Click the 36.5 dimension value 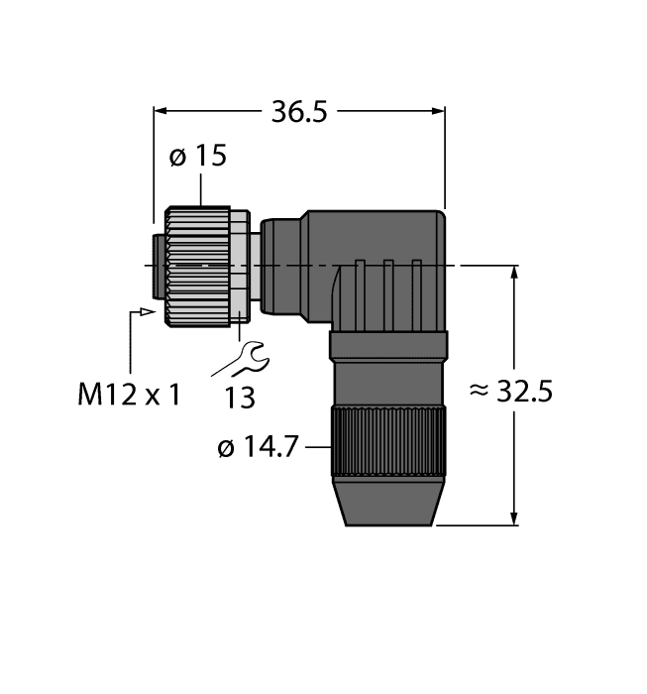point(298,112)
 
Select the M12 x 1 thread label point(130,396)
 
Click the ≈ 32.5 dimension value point(509,392)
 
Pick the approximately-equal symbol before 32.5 point(478,392)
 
